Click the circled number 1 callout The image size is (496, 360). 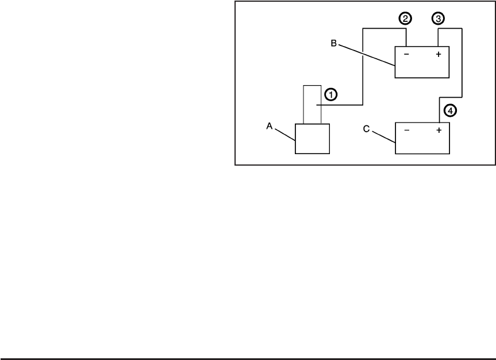tap(330, 93)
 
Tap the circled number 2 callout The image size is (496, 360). tap(406, 19)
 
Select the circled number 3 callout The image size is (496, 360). tap(439, 19)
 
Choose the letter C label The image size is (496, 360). tap(366, 129)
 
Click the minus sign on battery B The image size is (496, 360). tap(407, 55)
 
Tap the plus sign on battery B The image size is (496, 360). tap(439, 55)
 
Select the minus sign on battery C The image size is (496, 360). tap(407, 131)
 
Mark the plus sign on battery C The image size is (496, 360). tap(439, 131)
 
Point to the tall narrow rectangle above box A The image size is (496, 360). tap(312, 104)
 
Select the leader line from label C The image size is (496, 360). tap(383, 136)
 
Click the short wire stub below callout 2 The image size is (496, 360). tap(406, 37)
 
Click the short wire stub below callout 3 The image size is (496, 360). tap(439, 37)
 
